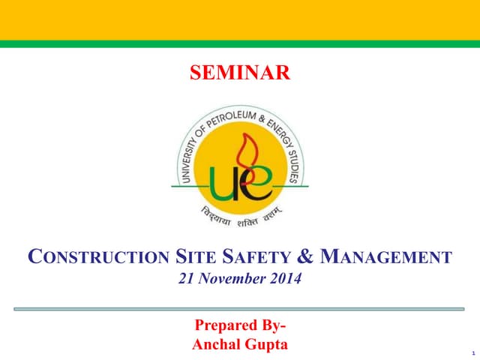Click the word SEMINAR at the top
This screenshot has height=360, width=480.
tap(239, 73)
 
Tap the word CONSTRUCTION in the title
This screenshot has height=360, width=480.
tap(97, 259)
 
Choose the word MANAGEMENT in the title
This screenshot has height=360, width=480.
tap(387, 259)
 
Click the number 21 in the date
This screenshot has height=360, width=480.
tap(182, 280)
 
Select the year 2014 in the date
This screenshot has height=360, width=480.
tap(288, 280)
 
